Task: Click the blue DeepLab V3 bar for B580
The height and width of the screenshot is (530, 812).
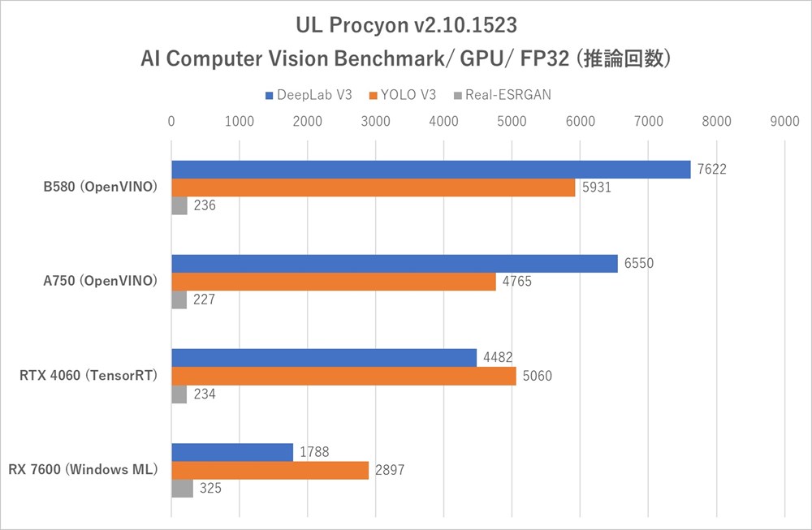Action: pyautogui.click(x=430, y=170)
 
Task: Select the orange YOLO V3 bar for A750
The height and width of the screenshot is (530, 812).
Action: pyautogui.click(x=333, y=282)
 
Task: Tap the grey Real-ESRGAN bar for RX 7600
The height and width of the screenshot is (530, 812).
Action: pyautogui.click(x=182, y=489)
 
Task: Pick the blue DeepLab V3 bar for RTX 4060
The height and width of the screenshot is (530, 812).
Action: pyautogui.click(x=324, y=358)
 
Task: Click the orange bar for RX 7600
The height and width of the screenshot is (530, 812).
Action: pyautogui.click(x=270, y=470)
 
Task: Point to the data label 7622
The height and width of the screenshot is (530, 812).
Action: pyautogui.click(x=710, y=170)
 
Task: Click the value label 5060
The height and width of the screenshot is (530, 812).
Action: pyautogui.click(x=536, y=377)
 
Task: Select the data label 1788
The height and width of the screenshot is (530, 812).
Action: pyautogui.click(x=313, y=452)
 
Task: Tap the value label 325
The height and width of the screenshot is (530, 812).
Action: pyautogui.click(x=210, y=489)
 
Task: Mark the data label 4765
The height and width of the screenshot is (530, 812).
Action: pyautogui.click(x=516, y=282)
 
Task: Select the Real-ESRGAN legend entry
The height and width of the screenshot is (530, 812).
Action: pyautogui.click(x=503, y=95)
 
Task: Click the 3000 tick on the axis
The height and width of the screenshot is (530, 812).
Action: pyautogui.click(x=375, y=122)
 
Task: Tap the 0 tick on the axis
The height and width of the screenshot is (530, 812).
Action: pyautogui.click(x=171, y=122)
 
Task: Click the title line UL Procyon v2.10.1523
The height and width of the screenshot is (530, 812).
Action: pyautogui.click(x=405, y=25)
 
